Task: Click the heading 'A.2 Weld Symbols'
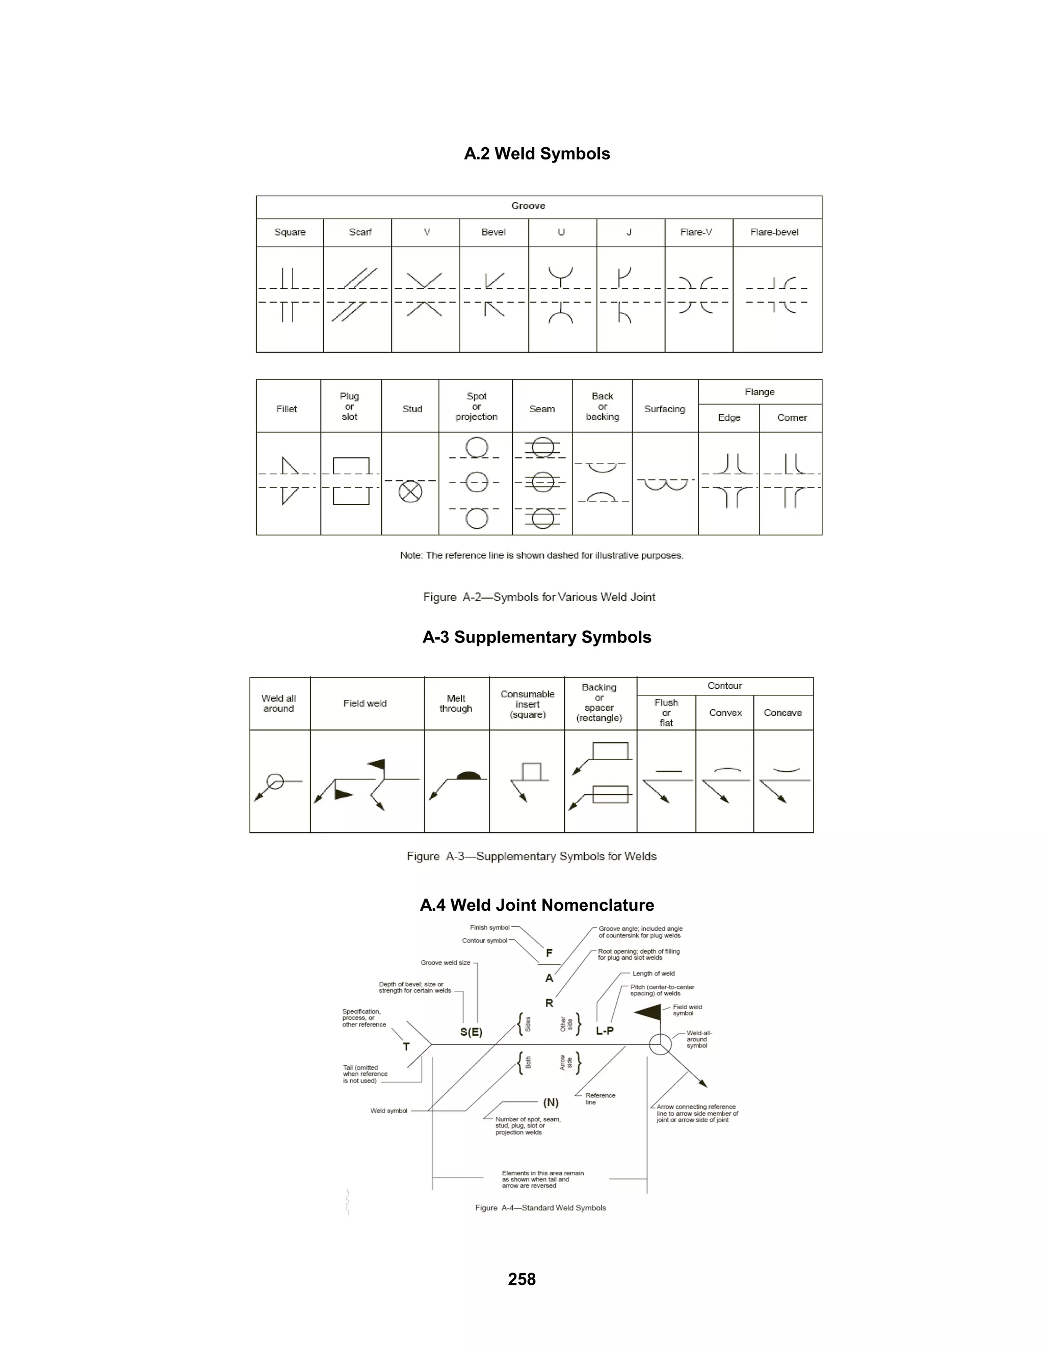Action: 537,154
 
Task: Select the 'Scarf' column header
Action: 360,232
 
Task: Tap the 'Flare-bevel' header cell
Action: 774,232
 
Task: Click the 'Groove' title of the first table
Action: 528,206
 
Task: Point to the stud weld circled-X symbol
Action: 411,492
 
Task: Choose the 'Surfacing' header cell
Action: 664,409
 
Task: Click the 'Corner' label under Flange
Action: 792,418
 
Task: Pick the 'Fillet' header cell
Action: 286,409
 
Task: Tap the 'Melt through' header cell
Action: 456,704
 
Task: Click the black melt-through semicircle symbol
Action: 468,775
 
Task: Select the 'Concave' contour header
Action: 782,713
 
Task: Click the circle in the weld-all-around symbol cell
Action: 275,782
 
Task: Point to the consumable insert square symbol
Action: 531,772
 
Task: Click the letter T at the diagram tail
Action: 406,1046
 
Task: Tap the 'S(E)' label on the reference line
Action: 472,1032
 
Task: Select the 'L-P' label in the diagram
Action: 605,1031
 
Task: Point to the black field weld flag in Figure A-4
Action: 649,1012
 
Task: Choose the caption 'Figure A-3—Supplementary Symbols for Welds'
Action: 531,856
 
